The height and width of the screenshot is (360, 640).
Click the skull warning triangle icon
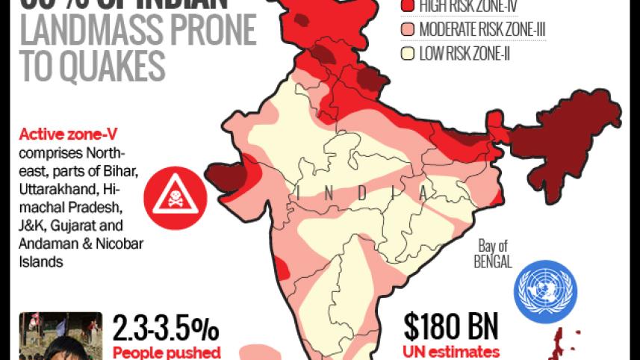coord(174,192)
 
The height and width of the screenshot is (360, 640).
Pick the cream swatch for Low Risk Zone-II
coord(407,53)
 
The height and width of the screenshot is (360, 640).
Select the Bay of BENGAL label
coord(493,255)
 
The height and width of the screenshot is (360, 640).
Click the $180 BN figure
coord(450,327)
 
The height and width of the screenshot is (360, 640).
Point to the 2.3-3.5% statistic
coord(166,329)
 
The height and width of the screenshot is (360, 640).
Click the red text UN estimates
coord(452,352)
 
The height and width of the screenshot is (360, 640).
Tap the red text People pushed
coord(166,353)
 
